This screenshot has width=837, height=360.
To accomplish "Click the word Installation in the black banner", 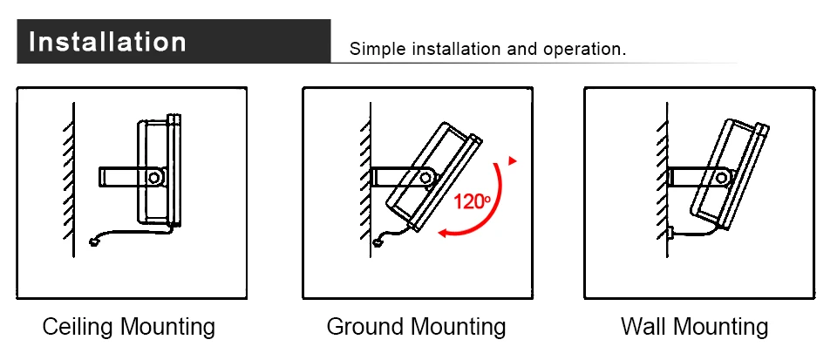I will [107, 42].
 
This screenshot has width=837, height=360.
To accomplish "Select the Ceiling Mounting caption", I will [129, 327].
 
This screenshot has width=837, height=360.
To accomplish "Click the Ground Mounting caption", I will [416, 327].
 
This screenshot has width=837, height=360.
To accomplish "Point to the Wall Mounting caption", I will [694, 327].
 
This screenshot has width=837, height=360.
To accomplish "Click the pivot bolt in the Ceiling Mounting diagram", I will [154, 177].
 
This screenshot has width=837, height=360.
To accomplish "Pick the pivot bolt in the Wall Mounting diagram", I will [722, 177].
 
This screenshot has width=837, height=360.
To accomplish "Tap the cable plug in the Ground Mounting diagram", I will [377, 241].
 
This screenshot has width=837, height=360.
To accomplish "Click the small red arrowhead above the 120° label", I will [513, 160].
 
